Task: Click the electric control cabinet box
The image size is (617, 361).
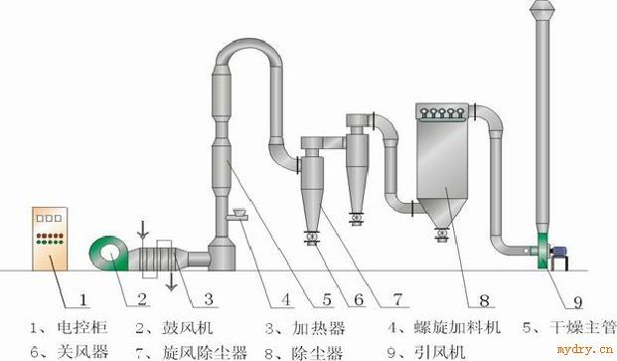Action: pos(50,239)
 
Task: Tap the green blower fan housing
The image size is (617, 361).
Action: pos(109,254)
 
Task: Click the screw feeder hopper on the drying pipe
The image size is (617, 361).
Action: pos(237,215)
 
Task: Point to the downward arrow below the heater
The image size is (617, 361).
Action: pos(171,281)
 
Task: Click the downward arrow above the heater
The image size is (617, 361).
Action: pos(143,231)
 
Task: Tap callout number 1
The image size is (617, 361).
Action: pos(82,300)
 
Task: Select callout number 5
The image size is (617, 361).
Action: pos(327,299)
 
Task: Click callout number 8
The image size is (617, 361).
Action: pos(484,300)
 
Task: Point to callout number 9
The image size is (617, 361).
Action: pos(577,302)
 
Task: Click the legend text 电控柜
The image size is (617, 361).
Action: pos(82,327)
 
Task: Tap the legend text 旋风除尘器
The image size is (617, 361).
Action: pos(205,351)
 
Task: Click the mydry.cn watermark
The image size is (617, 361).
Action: pos(585,349)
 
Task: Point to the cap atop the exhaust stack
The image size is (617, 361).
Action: pos(542,9)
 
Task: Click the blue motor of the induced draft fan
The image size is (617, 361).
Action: pos(559,252)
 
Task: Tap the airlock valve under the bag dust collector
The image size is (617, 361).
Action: pos(442,235)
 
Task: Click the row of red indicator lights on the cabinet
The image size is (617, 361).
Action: pos(50,236)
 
